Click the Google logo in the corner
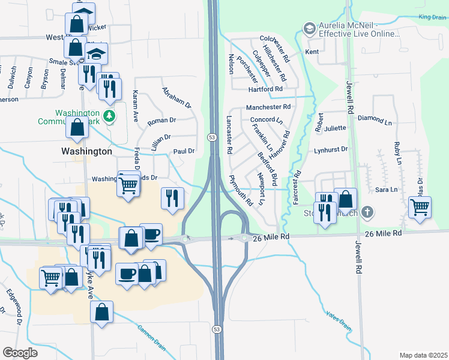[x=20, y=353]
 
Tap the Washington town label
[x=86, y=152]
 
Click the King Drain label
[x=433, y=18]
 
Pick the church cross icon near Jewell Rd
[x=369, y=212]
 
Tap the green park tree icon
[x=109, y=115]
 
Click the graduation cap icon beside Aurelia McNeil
[x=309, y=28]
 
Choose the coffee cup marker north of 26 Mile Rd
[x=151, y=233]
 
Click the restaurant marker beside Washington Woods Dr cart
[x=172, y=197]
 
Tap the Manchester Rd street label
[x=268, y=107]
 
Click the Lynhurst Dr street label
[x=331, y=149]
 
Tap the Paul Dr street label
[x=184, y=152]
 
